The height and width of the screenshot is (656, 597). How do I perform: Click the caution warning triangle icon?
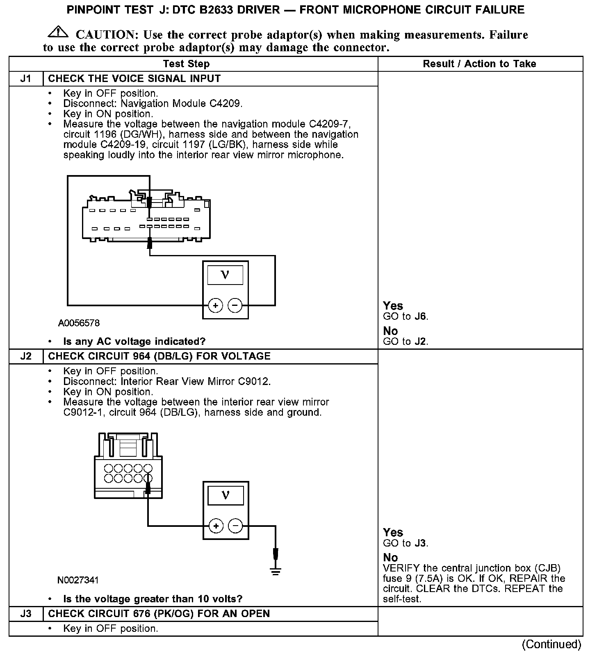58,32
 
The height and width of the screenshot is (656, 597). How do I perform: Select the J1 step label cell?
26,79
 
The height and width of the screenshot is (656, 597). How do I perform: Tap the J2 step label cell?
26,356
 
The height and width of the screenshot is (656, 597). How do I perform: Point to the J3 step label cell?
26,614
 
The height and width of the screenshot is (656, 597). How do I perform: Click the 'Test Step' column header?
186,64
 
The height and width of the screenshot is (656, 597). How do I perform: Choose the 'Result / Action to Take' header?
479,64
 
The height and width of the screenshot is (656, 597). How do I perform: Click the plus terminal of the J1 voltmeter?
215,305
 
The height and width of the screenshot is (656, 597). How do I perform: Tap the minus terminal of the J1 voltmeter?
235,305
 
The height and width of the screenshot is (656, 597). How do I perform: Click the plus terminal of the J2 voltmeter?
216,526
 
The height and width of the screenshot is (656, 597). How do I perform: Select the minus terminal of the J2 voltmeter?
235,526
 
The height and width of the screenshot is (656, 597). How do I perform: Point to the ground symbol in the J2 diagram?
276,571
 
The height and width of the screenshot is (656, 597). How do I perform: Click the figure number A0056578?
79,323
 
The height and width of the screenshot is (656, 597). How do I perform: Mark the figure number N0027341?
78,580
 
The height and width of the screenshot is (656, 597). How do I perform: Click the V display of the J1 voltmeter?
225,275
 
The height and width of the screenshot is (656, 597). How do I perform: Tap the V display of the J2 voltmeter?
226,495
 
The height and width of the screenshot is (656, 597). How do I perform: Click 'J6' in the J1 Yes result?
420,317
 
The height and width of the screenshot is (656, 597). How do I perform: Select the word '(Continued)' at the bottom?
551,644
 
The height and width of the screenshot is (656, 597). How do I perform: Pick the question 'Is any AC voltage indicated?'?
134,342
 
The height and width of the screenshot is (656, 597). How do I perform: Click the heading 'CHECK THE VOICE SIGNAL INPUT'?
134,79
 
